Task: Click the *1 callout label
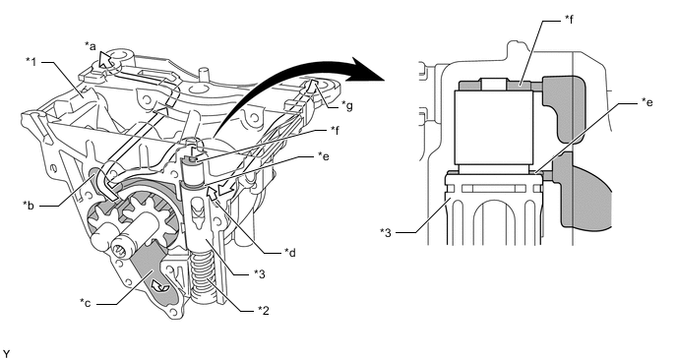pos(31,62)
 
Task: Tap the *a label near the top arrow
pos(91,46)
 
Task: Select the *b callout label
pos(29,205)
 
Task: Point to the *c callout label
pos(86,303)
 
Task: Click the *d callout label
pos(290,252)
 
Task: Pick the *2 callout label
pos(264,310)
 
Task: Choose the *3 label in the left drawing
pos(260,273)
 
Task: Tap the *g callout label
pos(347,105)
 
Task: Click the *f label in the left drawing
pos(335,130)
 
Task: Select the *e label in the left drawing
pos(323,155)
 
